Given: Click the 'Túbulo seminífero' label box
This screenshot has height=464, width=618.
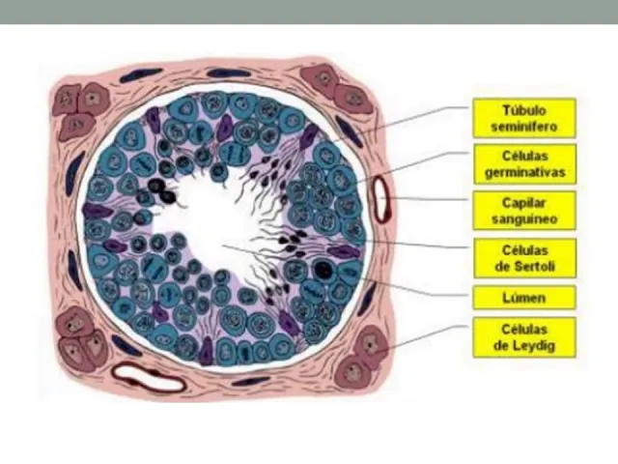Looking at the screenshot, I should (x=523, y=118).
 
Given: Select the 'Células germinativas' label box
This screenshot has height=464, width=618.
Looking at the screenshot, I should (x=523, y=164).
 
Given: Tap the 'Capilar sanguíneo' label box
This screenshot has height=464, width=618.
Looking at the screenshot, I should (x=523, y=211).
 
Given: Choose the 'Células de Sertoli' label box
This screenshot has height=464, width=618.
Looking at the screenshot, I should (x=523, y=257).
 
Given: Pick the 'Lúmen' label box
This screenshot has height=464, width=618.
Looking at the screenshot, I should (x=523, y=297).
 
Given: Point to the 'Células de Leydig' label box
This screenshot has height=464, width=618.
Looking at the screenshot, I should (x=523, y=337).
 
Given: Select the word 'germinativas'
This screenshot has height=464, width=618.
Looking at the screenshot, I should (x=523, y=173).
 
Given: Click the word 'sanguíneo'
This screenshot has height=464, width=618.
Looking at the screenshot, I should (x=523, y=219).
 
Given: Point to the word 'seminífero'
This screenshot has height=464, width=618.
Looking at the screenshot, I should (x=523, y=127).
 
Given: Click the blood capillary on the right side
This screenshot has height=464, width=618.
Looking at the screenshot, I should (x=380, y=199).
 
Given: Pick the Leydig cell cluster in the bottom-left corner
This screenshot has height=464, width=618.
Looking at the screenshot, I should (x=79, y=337).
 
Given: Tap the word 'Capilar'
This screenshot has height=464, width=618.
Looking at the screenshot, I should (x=523, y=203).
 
